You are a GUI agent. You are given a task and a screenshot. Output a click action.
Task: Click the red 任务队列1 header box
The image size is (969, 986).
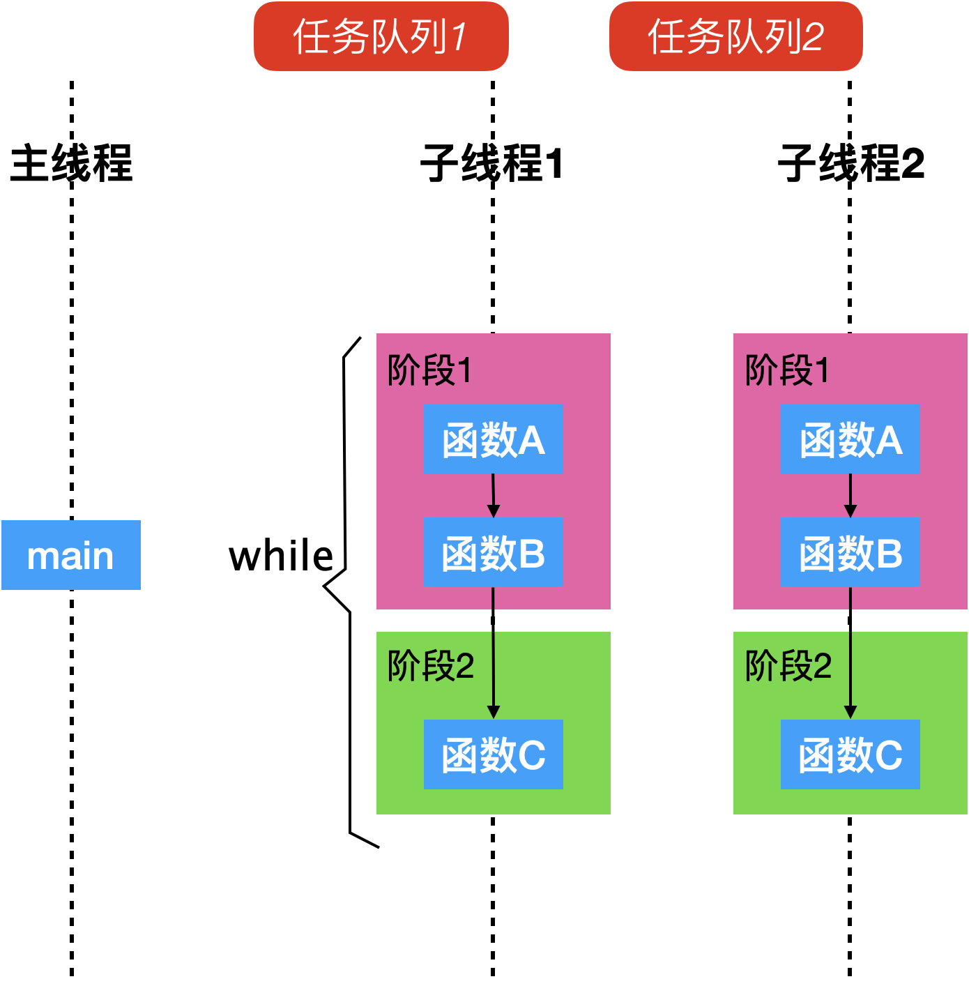381,36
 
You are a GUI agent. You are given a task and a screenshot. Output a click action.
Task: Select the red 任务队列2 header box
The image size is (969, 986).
736,36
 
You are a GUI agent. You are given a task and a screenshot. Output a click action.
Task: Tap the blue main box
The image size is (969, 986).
71,555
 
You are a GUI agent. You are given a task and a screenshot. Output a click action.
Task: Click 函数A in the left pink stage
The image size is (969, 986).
494,439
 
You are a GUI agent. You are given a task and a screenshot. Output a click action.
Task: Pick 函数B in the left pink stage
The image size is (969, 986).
494,552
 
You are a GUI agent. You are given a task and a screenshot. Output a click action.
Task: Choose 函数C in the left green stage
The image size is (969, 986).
494,754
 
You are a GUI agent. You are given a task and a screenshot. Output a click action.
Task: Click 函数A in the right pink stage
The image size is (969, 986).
850,439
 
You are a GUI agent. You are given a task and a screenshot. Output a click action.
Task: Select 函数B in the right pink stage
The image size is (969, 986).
850,552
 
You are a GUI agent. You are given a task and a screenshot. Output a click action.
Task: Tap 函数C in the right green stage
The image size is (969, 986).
850,754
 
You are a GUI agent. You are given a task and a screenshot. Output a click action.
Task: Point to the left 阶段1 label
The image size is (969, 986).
429,370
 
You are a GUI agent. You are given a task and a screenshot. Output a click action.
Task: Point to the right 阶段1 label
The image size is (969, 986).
787,370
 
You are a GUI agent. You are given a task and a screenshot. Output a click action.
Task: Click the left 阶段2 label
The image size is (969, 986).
431,666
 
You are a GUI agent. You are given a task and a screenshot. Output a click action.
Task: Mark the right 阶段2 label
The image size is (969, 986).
788,666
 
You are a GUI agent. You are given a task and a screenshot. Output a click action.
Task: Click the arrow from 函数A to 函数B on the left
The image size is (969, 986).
494,496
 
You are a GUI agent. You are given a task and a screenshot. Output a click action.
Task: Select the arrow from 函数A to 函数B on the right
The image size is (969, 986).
850,496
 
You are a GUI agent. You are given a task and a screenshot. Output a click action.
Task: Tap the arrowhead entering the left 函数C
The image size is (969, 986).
494,712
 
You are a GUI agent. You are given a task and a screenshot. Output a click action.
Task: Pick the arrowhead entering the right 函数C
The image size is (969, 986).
850,712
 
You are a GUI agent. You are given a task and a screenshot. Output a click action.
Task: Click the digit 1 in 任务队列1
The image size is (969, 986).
459,37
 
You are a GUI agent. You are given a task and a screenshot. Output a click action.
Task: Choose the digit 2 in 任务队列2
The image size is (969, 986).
813,37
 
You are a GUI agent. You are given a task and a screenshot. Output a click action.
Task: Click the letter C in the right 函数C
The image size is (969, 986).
887,755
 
